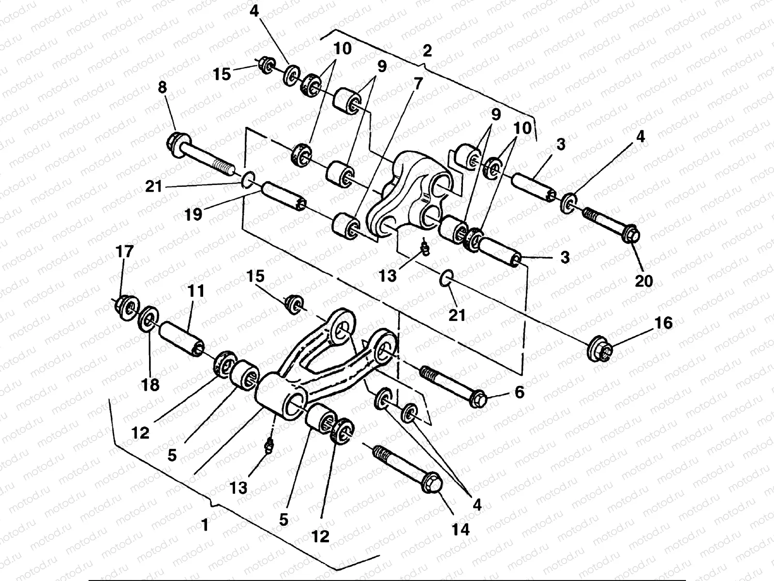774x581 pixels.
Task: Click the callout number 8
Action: [162, 88]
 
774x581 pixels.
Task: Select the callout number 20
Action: [644, 280]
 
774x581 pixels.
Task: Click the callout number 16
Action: [664, 323]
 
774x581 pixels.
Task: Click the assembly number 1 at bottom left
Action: [205, 524]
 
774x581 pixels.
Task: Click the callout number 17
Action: [124, 252]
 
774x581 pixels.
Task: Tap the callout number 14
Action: [460, 529]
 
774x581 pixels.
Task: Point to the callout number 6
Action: [519, 392]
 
